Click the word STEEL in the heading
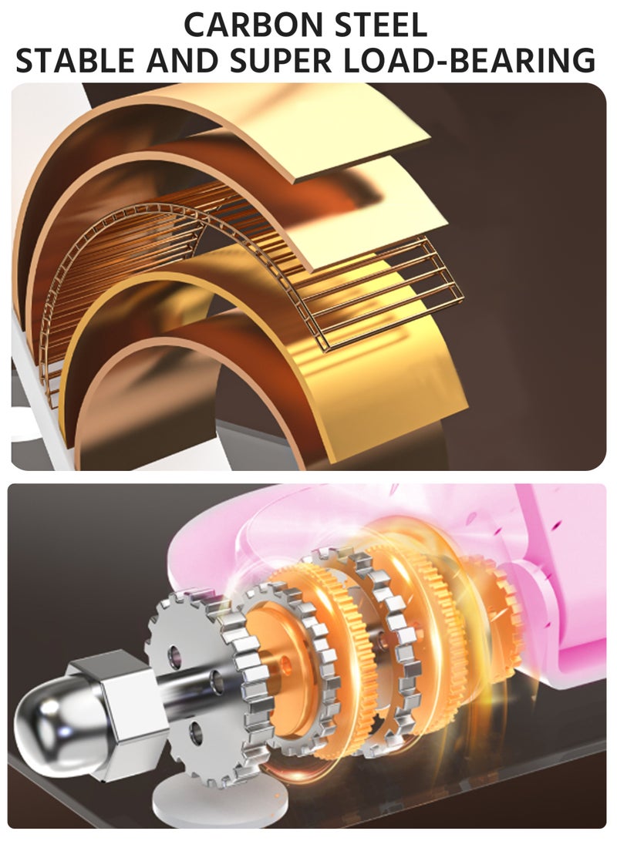pyautogui.click(x=380, y=24)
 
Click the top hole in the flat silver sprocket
pyautogui.click(x=175, y=654)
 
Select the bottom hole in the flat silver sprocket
pyautogui.click(x=197, y=731)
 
